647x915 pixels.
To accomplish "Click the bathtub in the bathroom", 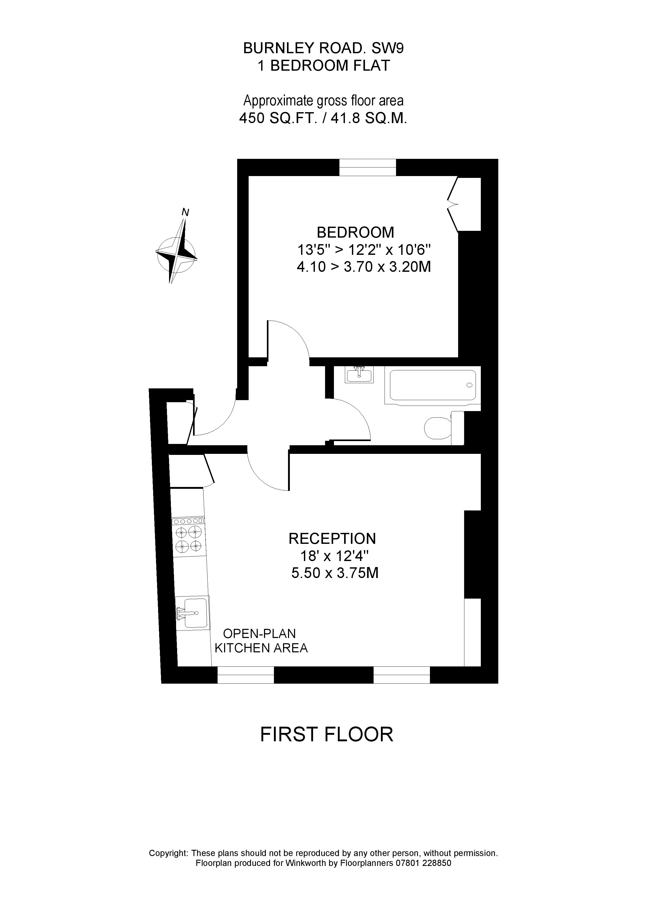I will pos(433,385).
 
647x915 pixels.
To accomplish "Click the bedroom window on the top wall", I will pos(368,167).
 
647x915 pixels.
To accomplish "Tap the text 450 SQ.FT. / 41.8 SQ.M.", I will pos(323,118).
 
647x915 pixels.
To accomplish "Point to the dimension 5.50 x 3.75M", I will pos(335,573).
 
